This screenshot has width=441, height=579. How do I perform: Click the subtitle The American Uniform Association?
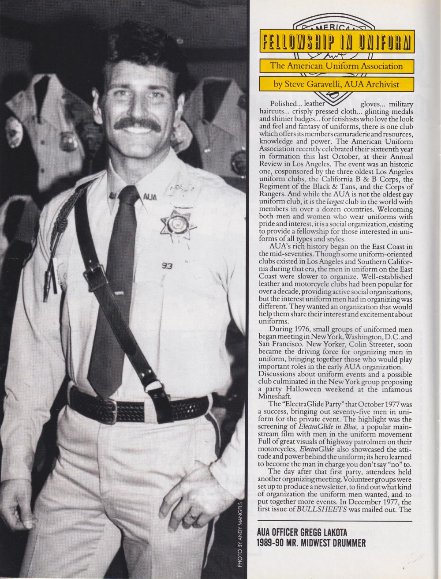point(336,66)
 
